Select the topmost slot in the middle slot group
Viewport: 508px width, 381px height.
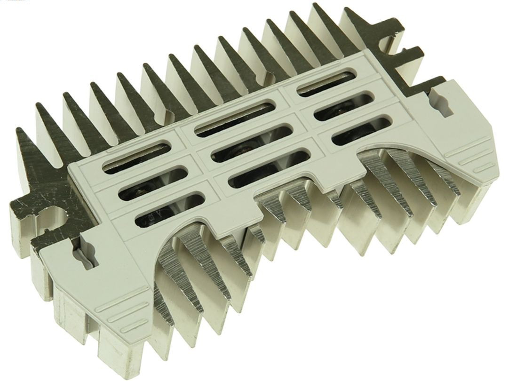pyautogui.click(x=235, y=116)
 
